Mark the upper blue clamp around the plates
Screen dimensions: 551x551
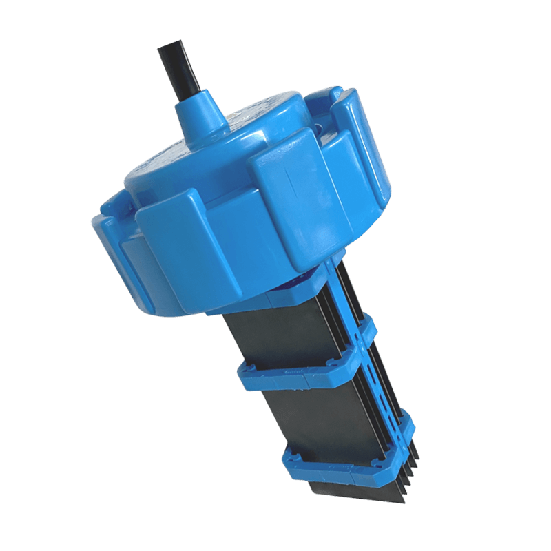pos(303,372)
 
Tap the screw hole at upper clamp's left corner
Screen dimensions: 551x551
pos(246,371)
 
